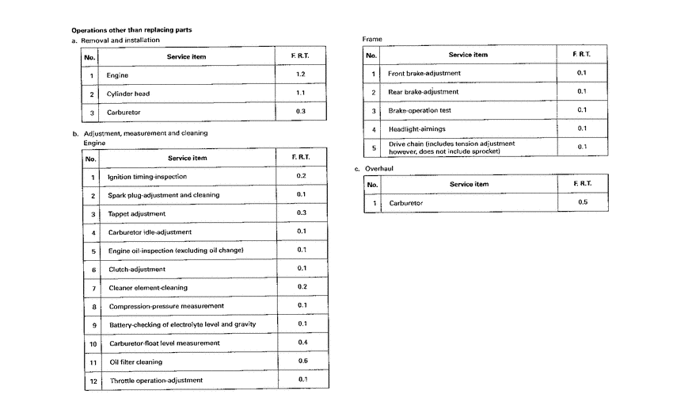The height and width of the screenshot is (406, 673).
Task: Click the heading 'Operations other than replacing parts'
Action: (131, 30)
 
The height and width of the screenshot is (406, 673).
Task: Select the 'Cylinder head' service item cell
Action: (129, 94)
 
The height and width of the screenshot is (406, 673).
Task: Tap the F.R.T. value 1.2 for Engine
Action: (300, 75)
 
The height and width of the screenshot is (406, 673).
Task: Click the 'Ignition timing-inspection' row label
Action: (147, 176)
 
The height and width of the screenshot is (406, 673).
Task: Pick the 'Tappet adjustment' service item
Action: (137, 213)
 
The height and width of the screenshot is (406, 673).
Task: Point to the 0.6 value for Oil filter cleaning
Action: (302, 361)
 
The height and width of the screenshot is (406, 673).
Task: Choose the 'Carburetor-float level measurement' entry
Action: (164, 343)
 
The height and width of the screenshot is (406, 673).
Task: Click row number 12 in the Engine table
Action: (93, 380)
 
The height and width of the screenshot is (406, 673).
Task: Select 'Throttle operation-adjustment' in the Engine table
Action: (156, 380)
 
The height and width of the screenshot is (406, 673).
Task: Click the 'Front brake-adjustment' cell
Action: (424, 73)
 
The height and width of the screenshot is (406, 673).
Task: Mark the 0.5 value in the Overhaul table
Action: (582, 203)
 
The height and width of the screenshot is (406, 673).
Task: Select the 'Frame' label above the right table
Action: (372, 39)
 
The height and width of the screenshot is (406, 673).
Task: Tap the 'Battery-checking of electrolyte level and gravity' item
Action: (182, 324)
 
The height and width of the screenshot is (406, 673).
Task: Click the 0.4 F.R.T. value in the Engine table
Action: (302, 343)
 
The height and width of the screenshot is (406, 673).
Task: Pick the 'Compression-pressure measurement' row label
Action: (166, 306)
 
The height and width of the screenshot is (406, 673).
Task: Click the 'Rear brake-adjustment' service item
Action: (423, 92)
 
